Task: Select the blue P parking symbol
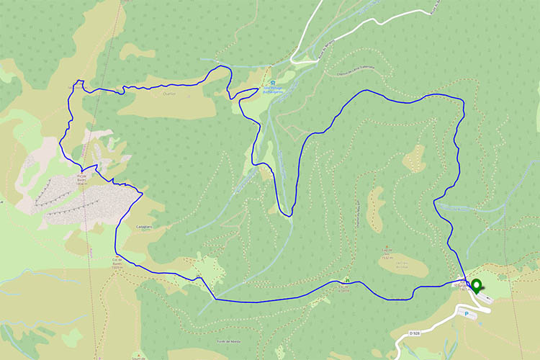(466, 314)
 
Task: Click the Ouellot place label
(170, 92)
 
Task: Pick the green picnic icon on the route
(346, 280)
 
